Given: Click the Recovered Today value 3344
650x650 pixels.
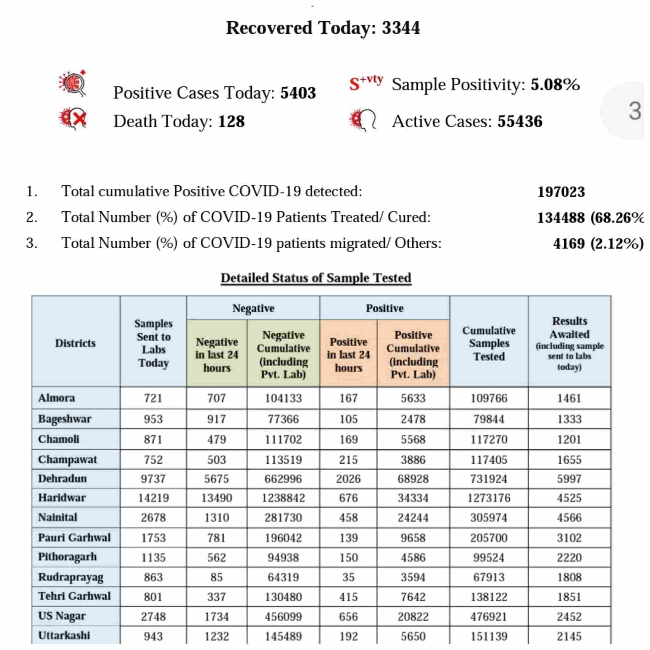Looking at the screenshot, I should (x=401, y=28).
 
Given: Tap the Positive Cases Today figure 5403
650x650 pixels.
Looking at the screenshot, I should (x=298, y=93).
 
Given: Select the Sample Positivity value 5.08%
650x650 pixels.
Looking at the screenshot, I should (x=555, y=84).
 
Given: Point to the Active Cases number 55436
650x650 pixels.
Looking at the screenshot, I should (x=520, y=122).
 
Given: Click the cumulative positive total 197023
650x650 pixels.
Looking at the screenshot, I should (x=561, y=192).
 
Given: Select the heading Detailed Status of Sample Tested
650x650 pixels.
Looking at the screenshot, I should (x=316, y=278).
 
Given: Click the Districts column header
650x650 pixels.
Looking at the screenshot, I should (x=75, y=343).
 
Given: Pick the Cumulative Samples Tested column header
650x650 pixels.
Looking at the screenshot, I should (x=488, y=343).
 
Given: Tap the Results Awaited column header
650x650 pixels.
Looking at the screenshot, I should (x=569, y=343).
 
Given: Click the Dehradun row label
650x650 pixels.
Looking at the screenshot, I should (x=63, y=478).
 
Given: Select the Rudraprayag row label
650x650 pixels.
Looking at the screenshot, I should (x=71, y=577).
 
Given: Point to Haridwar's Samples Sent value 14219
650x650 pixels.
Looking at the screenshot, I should (x=153, y=498).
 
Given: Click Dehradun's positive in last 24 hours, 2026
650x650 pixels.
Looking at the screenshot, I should (x=348, y=479).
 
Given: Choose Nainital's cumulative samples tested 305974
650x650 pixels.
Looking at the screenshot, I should (x=488, y=517).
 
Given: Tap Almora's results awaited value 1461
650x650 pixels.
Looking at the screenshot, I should (x=569, y=398).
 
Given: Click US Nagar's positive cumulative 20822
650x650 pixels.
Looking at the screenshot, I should (x=413, y=617).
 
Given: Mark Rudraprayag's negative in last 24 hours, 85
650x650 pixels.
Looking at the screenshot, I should (x=216, y=577).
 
